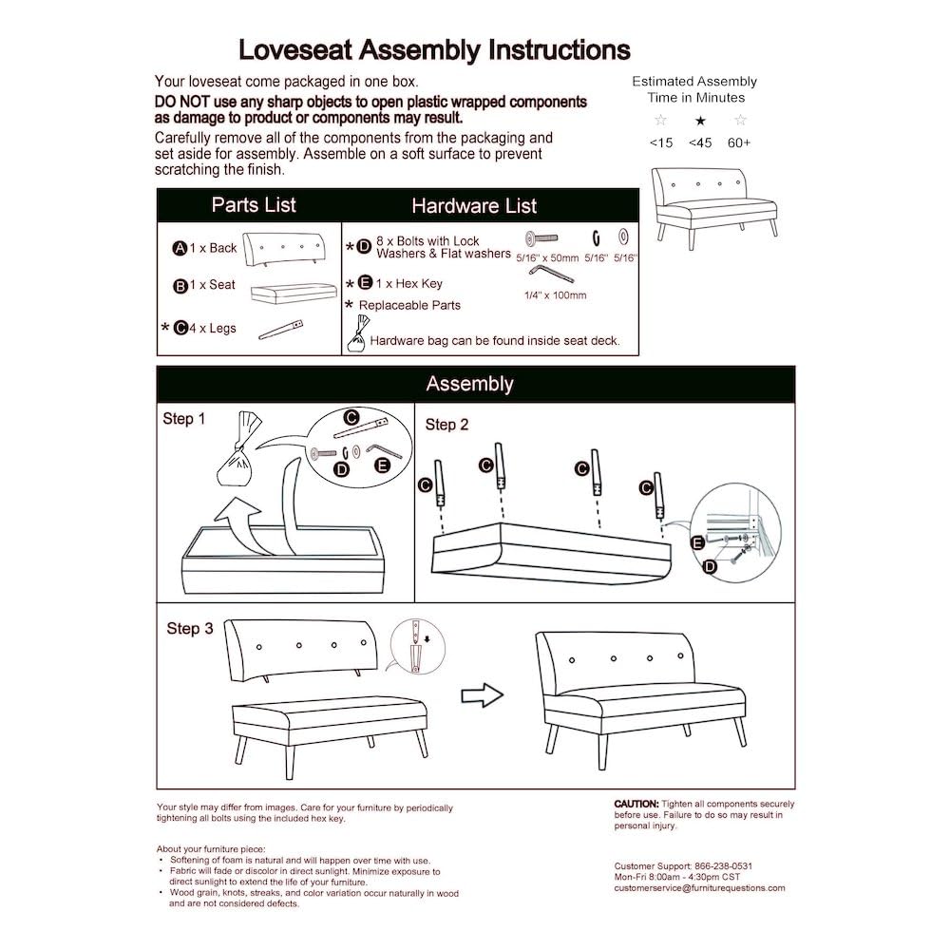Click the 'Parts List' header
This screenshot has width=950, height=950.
pyautogui.click(x=254, y=205)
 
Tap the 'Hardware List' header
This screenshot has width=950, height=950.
pyautogui.click(x=474, y=206)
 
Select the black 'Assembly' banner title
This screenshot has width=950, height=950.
pyautogui.click(x=469, y=384)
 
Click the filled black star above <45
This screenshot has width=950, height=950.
pyautogui.click(x=700, y=121)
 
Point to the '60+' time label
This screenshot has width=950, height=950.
pyautogui.click(x=739, y=142)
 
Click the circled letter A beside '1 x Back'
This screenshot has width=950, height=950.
pyautogui.click(x=179, y=249)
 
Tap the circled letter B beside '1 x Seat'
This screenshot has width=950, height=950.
pyautogui.click(x=180, y=286)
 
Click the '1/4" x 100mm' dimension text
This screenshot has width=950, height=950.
pyautogui.click(x=555, y=295)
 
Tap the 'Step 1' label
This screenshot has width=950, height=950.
pyautogui.click(x=183, y=419)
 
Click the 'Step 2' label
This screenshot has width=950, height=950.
pyautogui.click(x=446, y=425)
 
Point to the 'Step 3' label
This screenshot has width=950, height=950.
pyautogui.click(x=190, y=628)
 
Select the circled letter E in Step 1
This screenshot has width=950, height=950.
pyautogui.click(x=383, y=465)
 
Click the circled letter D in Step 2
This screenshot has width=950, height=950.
pyautogui.click(x=709, y=567)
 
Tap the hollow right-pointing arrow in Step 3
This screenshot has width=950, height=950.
pyautogui.click(x=481, y=695)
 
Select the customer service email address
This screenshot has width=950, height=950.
pyautogui.click(x=699, y=887)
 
